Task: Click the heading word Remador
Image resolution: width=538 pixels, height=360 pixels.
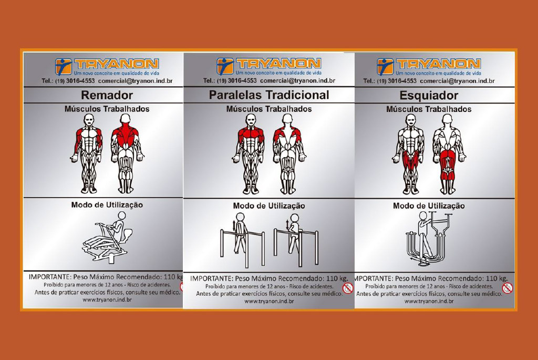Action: click(107, 95)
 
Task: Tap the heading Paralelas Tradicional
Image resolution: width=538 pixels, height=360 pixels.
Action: click(269, 95)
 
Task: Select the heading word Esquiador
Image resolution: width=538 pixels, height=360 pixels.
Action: click(429, 96)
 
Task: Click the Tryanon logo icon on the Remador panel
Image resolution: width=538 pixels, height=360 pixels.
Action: click(64, 67)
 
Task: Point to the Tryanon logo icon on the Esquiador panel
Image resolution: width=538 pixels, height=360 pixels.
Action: click(385, 67)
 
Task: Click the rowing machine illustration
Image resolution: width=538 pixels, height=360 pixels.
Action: click(108, 238)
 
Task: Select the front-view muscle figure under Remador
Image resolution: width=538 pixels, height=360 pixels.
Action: click(88, 153)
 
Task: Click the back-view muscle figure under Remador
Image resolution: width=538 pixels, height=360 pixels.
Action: click(127, 153)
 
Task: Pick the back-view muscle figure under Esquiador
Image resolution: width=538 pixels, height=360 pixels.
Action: click(449, 154)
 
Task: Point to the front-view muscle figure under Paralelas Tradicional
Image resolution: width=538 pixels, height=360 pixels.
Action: click(251, 154)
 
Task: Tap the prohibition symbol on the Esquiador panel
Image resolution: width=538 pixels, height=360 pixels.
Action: click(508, 288)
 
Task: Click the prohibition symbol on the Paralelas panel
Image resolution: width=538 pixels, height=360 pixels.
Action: click(348, 288)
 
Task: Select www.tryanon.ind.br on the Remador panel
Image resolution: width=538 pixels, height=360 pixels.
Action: click(107, 300)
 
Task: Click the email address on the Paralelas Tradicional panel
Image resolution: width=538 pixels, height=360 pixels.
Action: click(297, 81)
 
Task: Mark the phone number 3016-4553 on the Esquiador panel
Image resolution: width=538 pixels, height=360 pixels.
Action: click(402, 81)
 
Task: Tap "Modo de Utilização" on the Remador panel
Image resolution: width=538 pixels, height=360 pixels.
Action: click(107, 205)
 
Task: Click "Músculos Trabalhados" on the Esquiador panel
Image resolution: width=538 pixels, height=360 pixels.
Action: click(429, 109)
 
